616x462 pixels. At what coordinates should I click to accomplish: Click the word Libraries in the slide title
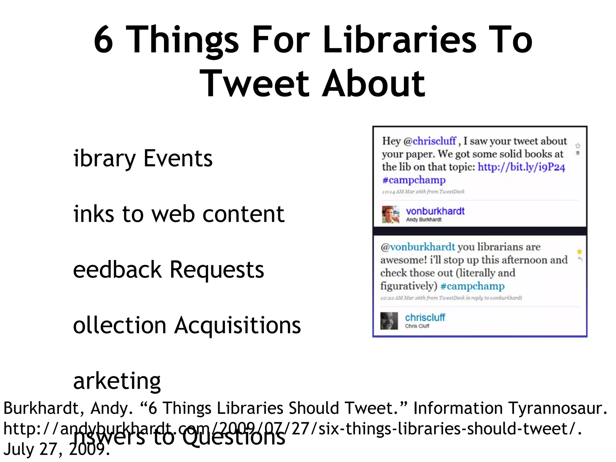[400, 40]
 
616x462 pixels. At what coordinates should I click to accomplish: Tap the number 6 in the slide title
[103, 40]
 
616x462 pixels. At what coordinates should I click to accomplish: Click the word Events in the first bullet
[178, 158]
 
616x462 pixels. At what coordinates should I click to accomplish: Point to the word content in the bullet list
[244, 214]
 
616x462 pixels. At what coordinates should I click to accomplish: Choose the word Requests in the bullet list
[217, 269]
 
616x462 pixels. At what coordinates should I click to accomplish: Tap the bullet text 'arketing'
[117, 381]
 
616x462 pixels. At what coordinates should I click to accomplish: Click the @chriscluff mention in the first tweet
[430, 141]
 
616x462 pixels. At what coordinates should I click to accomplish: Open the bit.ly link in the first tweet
[522, 167]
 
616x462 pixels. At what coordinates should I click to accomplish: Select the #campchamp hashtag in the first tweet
[414, 180]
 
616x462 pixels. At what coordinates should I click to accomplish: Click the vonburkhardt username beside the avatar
[435, 211]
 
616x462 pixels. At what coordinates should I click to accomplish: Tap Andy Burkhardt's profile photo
[390, 214]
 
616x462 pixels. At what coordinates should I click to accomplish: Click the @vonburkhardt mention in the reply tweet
[418, 247]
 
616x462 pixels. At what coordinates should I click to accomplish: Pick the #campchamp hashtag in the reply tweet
[472, 286]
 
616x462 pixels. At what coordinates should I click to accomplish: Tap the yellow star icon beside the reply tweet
[579, 251]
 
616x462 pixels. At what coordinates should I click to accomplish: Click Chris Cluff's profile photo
[389, 321]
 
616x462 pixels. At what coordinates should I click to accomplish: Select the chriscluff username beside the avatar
[425, 317]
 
